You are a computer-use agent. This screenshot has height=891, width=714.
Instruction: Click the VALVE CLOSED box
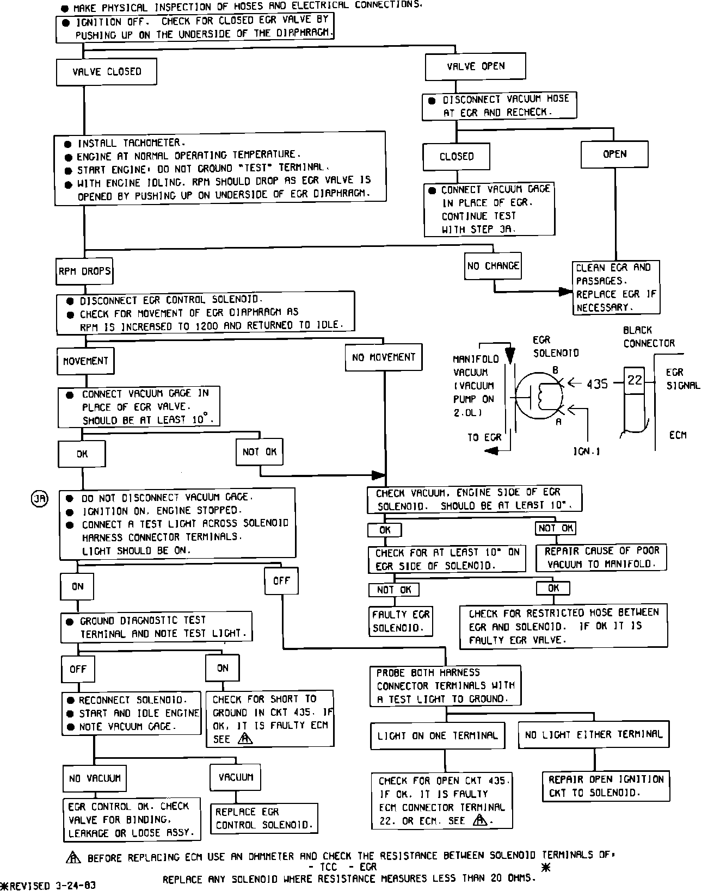[x=107, y=72]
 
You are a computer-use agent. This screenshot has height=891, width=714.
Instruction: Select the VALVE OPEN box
[x=475, y=66]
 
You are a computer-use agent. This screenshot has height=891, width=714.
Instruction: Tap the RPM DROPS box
[x=84, y=271]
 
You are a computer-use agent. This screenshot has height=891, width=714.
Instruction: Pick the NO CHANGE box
[x=493, y=265]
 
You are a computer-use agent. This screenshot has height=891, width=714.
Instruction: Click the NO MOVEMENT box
[x=383, y=357]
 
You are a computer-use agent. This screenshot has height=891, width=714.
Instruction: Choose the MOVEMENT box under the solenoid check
[x=85, y=361]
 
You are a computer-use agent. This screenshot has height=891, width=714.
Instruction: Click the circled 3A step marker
[x=40, y=498]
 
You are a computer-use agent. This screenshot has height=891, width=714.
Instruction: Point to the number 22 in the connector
[x=635, y=380]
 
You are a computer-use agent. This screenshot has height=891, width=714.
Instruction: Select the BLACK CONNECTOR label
[x=648, y=337]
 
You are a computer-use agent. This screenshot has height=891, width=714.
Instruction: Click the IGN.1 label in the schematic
[x=587, y=451]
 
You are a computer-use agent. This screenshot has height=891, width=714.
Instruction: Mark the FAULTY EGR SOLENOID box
[x=401, y=621]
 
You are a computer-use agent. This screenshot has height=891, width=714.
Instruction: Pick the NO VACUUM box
[x=95, y=778]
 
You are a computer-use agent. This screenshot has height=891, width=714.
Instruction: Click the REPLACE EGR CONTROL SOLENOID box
[x=264, y=818]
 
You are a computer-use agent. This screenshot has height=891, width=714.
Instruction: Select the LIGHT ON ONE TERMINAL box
[x=438, y=735]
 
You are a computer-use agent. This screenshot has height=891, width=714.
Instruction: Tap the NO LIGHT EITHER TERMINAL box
[x=593, y=734]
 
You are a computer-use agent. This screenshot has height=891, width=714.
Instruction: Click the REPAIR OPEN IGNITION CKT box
[x=606, y=786]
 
